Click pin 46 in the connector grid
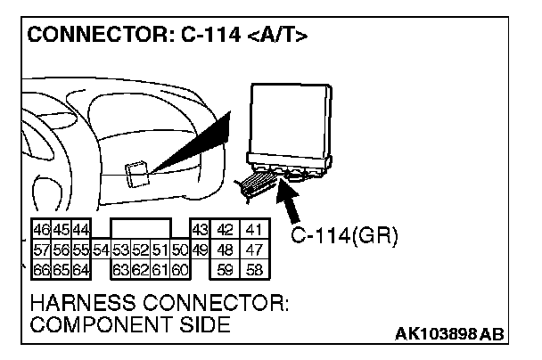pos(41,230)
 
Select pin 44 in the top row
pos(81,230)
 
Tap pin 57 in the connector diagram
pos(41,249)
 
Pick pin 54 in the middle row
pos(101,249)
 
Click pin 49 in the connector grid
pos(200,249)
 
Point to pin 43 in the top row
pos(200,230)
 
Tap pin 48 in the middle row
pos(226,249)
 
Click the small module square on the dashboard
pos(138,172)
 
